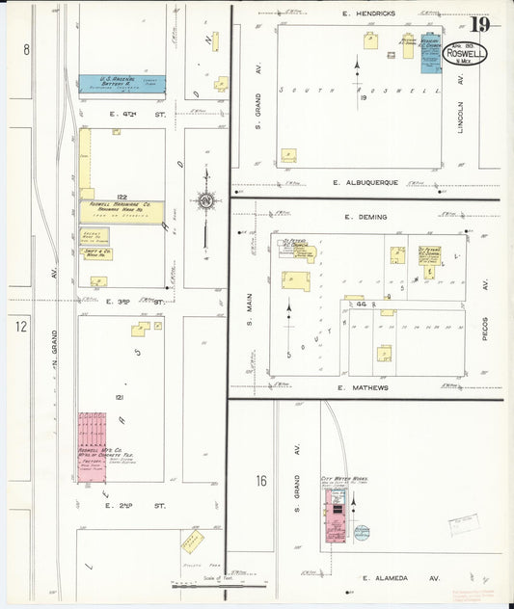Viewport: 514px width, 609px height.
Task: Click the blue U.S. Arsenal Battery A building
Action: point(122,85)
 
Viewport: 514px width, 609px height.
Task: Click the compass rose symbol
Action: point(204,201)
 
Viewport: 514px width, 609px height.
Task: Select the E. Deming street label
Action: point(365,219)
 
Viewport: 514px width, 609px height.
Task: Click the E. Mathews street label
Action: point(363,387)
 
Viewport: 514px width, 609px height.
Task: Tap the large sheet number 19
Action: point(479,24)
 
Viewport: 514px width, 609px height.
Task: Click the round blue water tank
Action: point(361,531)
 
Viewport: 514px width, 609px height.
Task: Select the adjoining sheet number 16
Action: point(261,481)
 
